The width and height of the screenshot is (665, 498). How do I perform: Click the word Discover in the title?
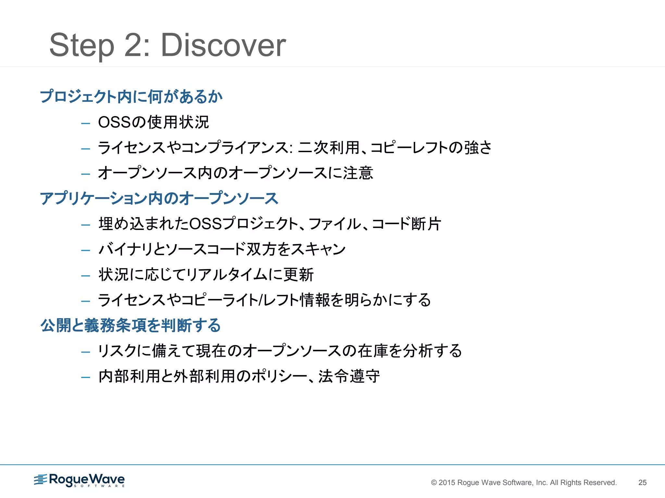click(223, 45)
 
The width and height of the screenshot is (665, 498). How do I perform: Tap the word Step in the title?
click(82, 45)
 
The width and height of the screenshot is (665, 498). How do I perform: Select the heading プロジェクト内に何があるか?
click(131, 96)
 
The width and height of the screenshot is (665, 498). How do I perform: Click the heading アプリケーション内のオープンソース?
click(159, 198)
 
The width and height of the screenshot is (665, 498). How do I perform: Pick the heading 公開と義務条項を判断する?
click(131, 325)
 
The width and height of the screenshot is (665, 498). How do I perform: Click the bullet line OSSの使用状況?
click(153, 122)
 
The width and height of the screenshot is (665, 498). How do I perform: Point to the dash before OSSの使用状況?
click(86, 123)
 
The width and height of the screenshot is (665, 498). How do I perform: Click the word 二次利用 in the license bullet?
click(329, 148)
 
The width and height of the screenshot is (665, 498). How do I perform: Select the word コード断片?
click(406, 224)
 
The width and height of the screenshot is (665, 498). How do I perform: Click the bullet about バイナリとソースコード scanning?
click(222, 249)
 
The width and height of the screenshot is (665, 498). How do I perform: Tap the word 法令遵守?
click(349, 376)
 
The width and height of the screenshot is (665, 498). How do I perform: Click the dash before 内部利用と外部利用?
click(86, 377)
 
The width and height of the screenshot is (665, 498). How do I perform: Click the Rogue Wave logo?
click(80, 480)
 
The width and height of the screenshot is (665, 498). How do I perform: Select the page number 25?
click(642, 482)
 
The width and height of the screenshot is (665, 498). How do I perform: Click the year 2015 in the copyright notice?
click(447, 482)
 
